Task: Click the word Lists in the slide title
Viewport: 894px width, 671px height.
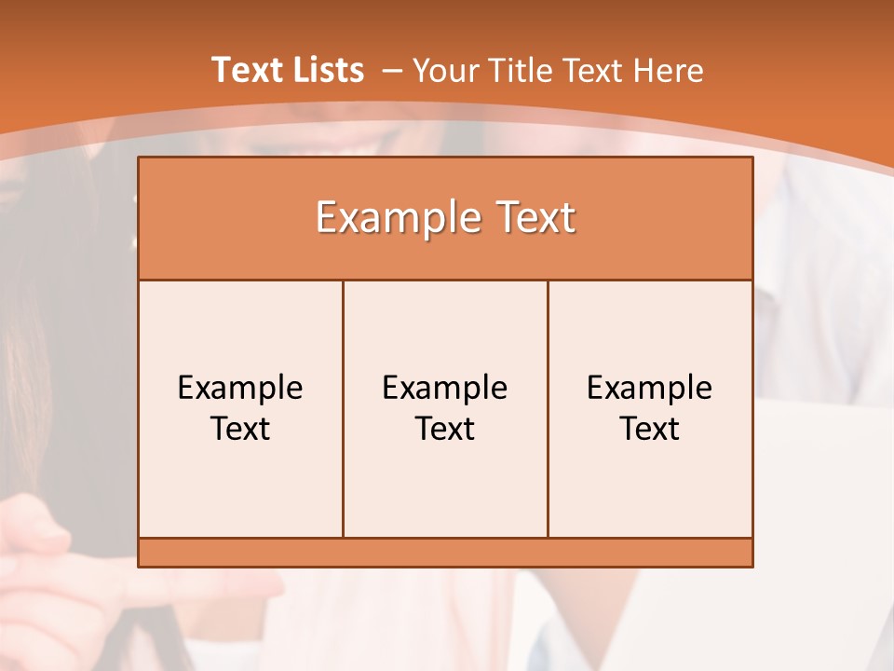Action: (326, 70)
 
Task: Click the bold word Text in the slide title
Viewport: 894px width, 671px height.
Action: (246, 70)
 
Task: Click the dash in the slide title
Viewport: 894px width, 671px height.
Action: (391, 71)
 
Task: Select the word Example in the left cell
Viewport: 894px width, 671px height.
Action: (240, 388)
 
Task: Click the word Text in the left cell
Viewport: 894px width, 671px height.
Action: (240, 429)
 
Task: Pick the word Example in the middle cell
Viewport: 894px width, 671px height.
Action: (445, 388)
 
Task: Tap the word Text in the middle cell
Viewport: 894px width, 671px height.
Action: (445, 429)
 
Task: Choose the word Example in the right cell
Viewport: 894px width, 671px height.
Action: (650, 388)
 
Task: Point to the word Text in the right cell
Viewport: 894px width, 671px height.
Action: (650, 429)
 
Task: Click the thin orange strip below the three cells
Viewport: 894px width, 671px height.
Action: (445, 553)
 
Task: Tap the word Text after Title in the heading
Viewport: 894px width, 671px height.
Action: (592, 70)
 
